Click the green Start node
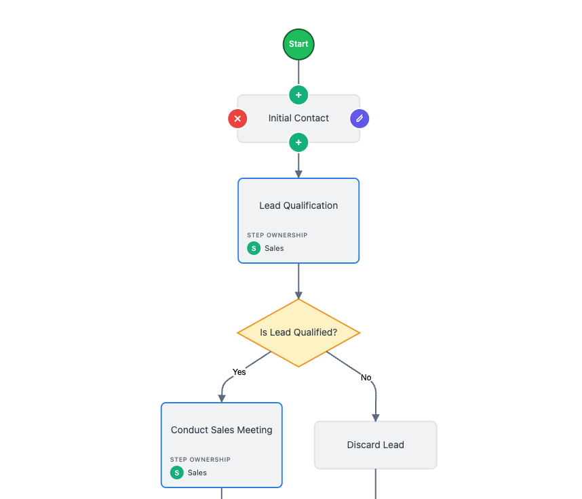click(x=298, y=44)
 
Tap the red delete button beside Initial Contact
click(x=237, y=119)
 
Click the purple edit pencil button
click(x=360, y=119)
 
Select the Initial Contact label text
click(x=298, y=118)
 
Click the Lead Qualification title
click(x=298, y=205)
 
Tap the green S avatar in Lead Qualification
click(x=254, y=248)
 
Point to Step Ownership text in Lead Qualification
click(x=277, y=235)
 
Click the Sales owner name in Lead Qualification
click(x=274, y=248)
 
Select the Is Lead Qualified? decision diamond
click(x=298, y=333)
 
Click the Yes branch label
click(x=239, y=372)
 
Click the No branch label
click(x=366, y=377)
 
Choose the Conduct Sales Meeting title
click(x=221, y=430)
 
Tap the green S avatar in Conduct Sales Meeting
click(x=177, y=473)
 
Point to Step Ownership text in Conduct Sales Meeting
click(x=200, y=460)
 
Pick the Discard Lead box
click(x=375, y=445)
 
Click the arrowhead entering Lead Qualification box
click(x=298, y=174)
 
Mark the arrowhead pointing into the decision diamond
click(x=298, y=295)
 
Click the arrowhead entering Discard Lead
click(x=375, y=418)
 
